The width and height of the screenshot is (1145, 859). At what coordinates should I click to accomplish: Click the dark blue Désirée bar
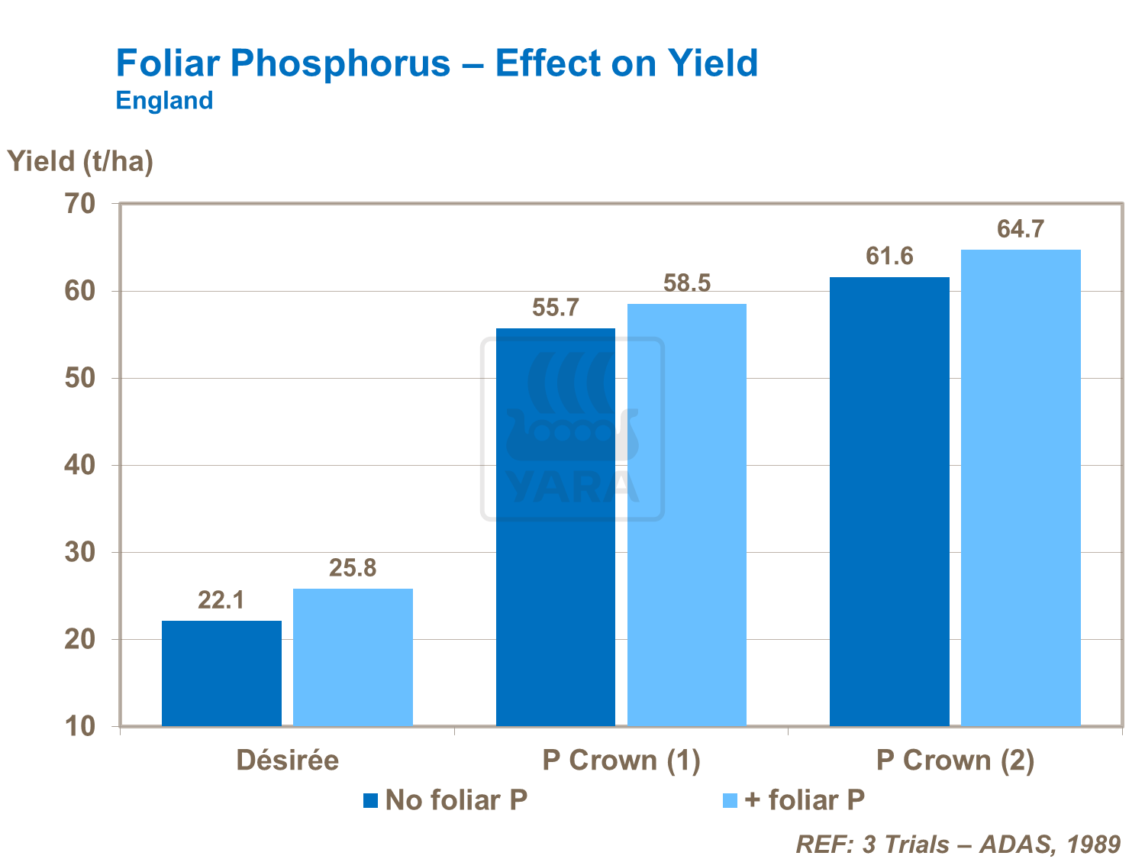(221, 673)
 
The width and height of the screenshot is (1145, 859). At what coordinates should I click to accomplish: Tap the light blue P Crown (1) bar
(686, 515)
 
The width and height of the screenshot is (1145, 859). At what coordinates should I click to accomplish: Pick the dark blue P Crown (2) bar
(889, 501)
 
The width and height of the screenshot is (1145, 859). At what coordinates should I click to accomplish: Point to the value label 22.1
(221, 600)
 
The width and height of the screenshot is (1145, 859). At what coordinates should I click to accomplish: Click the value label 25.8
(353, 568)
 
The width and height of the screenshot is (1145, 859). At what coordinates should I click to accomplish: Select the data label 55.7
(556, 308)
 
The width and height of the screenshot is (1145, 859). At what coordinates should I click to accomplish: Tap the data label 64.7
(1021, 229)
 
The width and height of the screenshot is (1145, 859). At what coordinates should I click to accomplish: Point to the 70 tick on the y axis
(80, 204)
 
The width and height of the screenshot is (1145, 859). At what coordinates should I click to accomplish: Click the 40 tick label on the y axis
(80, 465)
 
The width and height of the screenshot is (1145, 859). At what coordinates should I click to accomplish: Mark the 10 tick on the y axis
(80, 726)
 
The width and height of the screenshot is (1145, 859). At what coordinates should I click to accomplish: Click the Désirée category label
(288, 761)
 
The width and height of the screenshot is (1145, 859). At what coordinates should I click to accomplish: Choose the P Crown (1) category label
(621, 761)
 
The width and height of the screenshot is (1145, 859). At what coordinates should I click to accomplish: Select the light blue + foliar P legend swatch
(730, 801)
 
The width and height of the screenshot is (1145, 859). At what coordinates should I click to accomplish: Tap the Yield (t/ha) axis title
(80, 161)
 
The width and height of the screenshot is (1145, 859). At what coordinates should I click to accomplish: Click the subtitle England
(164, 101)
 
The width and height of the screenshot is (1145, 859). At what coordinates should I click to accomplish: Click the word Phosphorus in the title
(340, 63)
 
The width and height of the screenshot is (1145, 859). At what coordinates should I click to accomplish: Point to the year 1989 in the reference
(1094, 844)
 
